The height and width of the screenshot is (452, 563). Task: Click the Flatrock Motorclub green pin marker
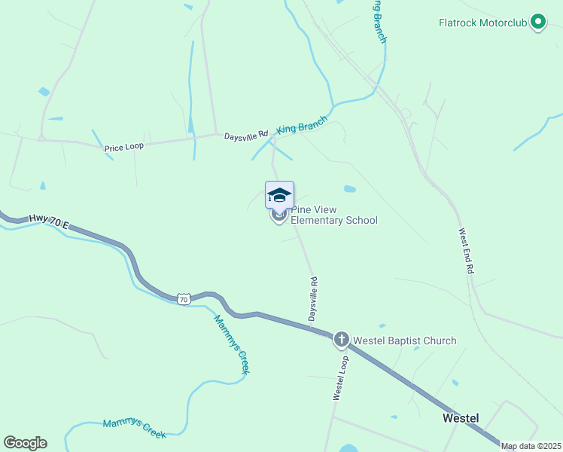[537, 22]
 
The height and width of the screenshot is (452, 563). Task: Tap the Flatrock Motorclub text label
[482, 23]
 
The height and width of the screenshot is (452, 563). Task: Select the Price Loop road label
[123, 147]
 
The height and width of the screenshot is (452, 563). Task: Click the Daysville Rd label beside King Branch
[246, 136]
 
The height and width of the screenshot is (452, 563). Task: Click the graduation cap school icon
[279, 195]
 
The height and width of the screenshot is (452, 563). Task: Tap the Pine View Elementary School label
[333, 215]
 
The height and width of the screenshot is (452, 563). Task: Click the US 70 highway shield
[184, 299]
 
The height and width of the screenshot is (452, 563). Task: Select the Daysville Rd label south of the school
[314, 300]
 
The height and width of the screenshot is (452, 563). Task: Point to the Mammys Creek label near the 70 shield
[231, 344]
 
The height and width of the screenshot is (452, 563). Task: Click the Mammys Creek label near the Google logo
[134, 428]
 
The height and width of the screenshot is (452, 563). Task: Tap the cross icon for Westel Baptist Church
[341, 340]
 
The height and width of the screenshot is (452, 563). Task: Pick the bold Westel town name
[461, 417]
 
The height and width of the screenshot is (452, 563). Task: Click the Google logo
[25, 443]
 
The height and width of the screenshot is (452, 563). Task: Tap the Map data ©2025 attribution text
[531, 446]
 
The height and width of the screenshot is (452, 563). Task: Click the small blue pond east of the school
[349, 189]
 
